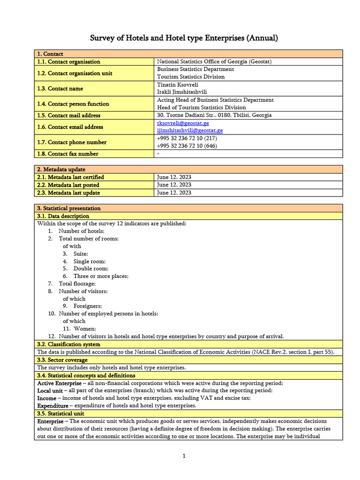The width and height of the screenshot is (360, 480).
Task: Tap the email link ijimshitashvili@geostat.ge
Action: pyautogui.click(x=189, y=130)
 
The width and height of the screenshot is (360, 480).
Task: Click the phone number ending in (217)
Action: pyautogui.click(x=187, y=138)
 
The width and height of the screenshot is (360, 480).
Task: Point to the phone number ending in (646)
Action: pyautogui.click(x=187, y=146)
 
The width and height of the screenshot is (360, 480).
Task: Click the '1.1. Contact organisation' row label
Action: pyautogui.click(x=68, y=61)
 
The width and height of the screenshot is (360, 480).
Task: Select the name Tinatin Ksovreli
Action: pyautogui.click(x=178, y=84)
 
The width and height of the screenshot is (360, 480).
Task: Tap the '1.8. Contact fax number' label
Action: pyautogui.click(x=67, y=154)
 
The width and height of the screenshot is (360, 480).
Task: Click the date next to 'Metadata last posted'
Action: pyautogui.click(x=174, y=185)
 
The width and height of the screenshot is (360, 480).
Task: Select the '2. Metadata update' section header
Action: pyautogui.click(x=61, y=169)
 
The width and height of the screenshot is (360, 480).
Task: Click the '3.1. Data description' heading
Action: pyautogui.click(x=63, y=216)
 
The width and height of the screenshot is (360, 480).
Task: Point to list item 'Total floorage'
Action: pyautogui.click(x=77, y=284)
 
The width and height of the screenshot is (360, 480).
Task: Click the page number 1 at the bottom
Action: pyautogui.click(x=184, y=456)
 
